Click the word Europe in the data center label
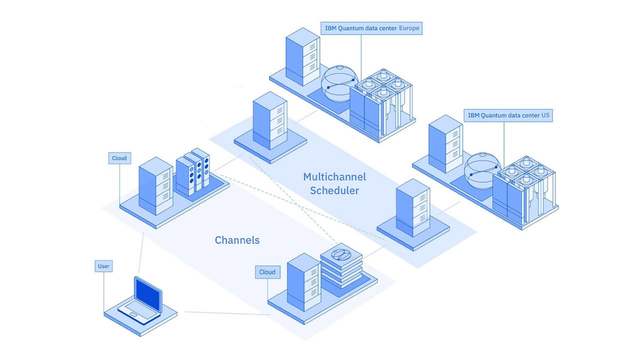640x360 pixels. tap(408, 28)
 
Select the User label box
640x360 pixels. tap(103, 266)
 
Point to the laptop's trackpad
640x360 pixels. tap(133, 314)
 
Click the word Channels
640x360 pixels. tap(237, 240)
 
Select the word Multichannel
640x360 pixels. tap(334, 177)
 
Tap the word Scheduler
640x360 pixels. tap(334, 190)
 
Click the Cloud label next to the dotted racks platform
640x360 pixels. tap(119, 158)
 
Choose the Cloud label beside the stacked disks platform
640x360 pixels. tap(267, 272)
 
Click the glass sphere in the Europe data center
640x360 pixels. tap(338, 83)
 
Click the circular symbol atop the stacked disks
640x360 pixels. tap(339, 254)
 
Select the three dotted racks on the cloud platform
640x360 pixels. tap(193, 171)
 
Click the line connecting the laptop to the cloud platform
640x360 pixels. tap(227, 313)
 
